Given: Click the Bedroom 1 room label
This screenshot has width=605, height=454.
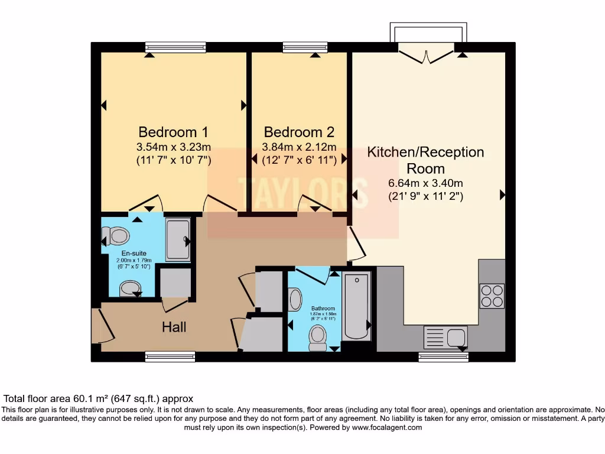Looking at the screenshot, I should point(173,132).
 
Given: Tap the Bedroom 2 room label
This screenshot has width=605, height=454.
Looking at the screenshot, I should point(299,132).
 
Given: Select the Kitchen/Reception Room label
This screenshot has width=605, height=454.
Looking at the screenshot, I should point(425,160).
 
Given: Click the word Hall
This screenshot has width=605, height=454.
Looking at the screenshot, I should point(174,327).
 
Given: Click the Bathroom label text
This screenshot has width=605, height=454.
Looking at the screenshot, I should point(323,309).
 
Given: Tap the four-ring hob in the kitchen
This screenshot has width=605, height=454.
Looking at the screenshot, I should point(492,296).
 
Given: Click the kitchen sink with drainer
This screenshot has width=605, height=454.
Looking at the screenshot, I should point(445,338).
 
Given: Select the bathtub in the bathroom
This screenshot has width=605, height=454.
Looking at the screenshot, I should point(356,306).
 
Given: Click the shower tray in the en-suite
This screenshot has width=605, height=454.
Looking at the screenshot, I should point(177,239).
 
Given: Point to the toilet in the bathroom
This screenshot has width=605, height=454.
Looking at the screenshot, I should point(318,336).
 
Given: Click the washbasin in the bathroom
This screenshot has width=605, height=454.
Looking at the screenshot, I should point(295,299).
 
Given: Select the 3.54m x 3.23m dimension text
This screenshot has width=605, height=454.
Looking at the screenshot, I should point(173,147).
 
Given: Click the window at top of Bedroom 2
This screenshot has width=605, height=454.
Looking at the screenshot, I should point(305,47).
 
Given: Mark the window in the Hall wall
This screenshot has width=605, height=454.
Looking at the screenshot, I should point(170,356).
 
